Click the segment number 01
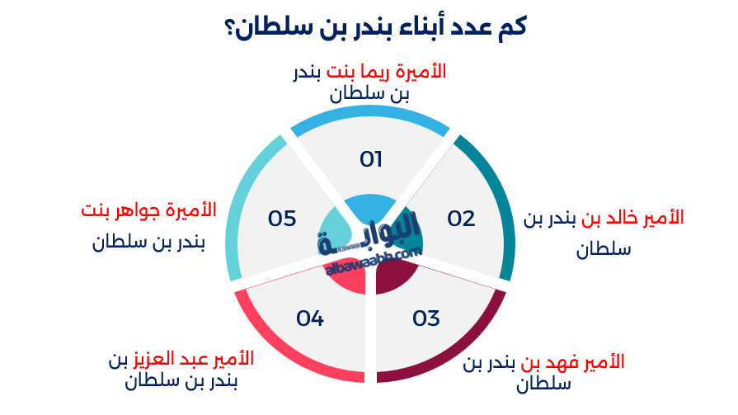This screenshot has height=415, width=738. pos(371,158)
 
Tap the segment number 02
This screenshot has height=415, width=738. pos(461,219)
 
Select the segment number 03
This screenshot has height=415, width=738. pos(426,318)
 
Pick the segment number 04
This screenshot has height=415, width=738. pos(310,318)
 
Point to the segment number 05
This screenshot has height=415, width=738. pos(282,219)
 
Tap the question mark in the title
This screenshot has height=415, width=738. pos(228,27)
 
